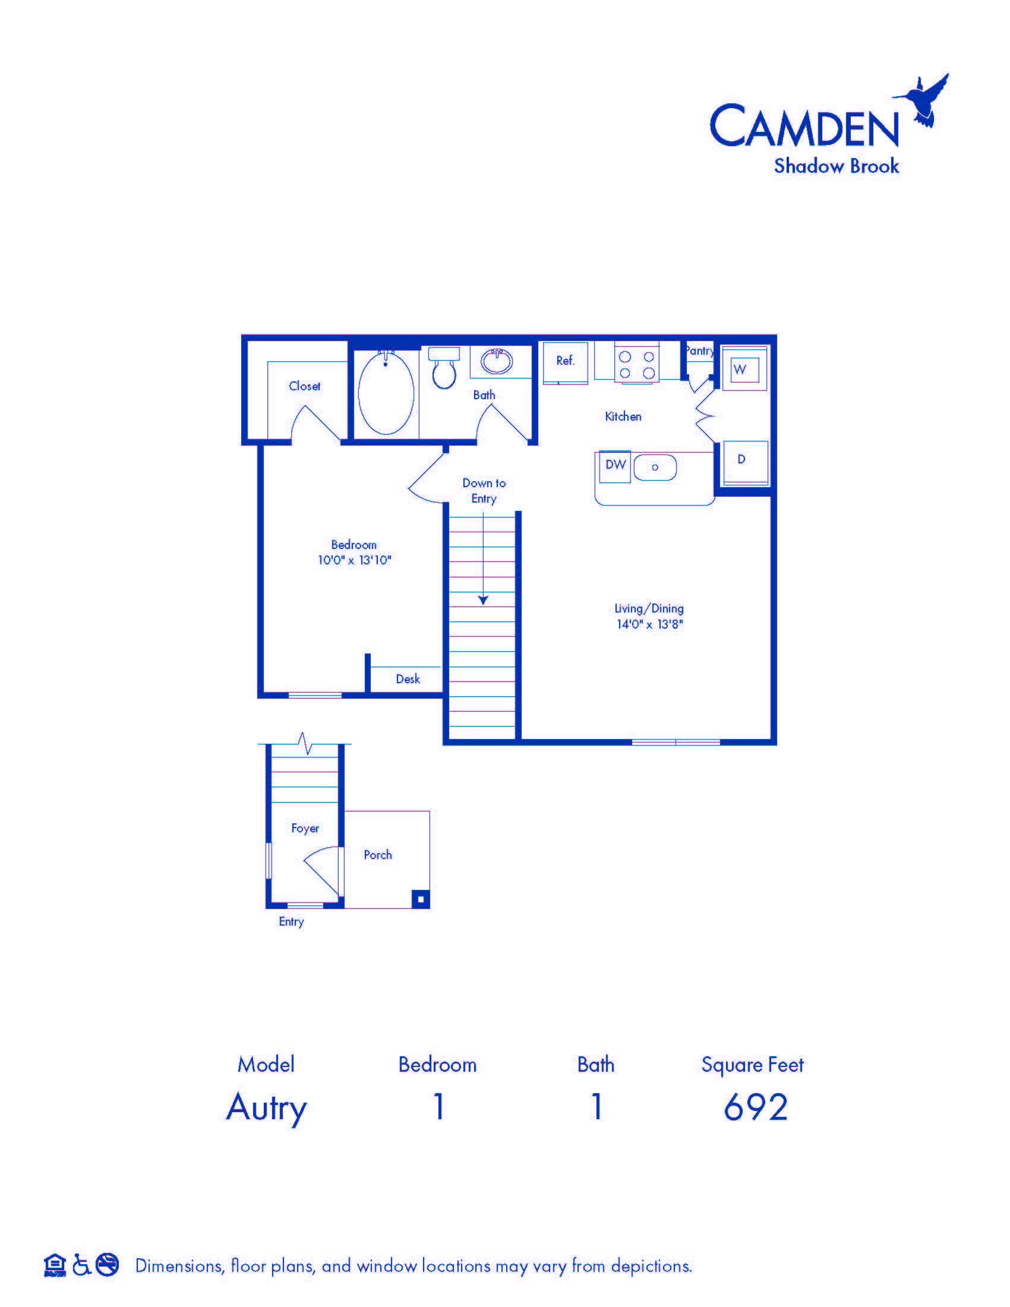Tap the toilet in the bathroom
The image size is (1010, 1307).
click(444, 367)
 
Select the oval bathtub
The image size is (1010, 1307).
click(386, 393)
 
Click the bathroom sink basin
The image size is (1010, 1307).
click(497, 361)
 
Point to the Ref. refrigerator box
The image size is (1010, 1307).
click(566, 362)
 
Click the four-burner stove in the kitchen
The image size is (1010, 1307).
click(637, 363)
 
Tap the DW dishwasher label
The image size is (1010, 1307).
click(616, 465)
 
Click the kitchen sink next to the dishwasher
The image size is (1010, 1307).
click(655, 468)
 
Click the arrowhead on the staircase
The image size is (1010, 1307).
click(483, 599)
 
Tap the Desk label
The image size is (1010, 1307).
click(408, 678)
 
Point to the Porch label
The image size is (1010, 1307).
click(377, 854)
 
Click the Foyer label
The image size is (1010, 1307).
click(305, 828)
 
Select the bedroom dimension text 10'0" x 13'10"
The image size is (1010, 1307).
click(354, 560)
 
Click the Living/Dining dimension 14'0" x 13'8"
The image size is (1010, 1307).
click(650, 624)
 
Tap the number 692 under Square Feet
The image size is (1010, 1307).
click(756, 1107)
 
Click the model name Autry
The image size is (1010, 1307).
click(266, 1109)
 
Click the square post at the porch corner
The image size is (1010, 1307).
click(421, 899)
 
